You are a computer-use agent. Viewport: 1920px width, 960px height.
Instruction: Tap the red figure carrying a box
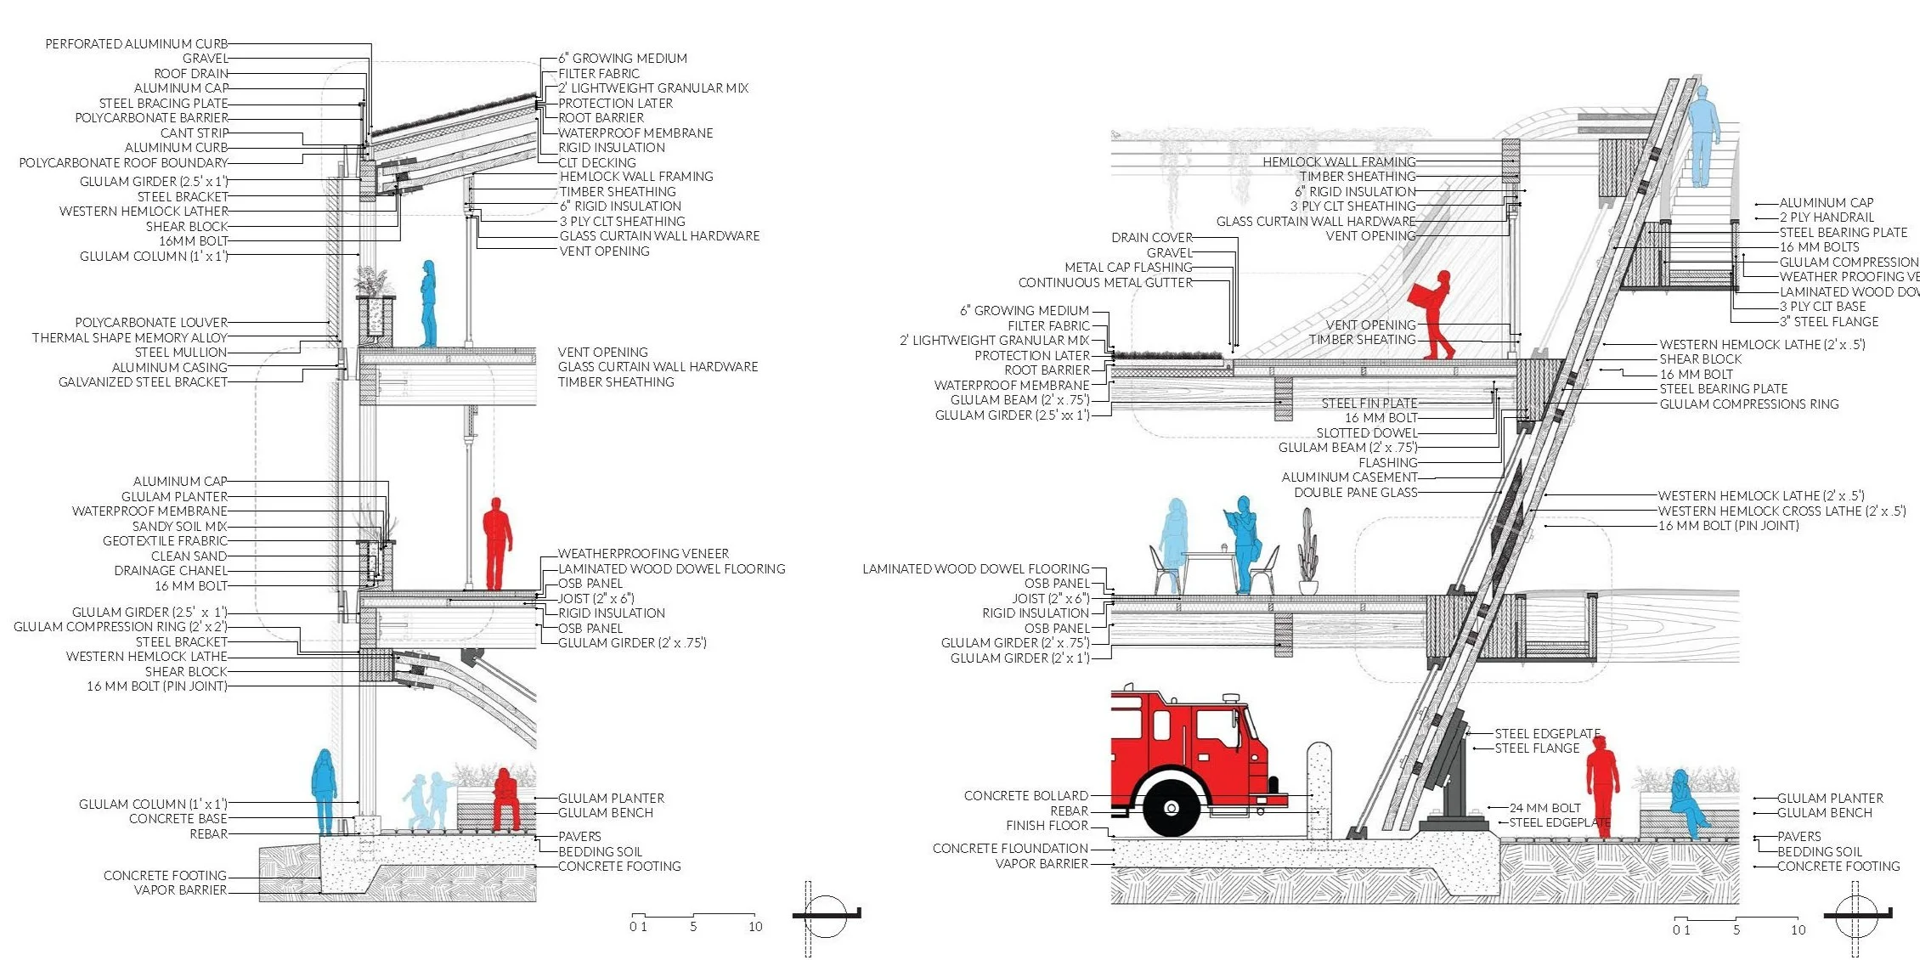(1435, 314)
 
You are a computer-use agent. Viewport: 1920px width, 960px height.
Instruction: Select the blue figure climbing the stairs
(1702, 136)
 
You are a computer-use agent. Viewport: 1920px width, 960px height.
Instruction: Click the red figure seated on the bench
(505, 799)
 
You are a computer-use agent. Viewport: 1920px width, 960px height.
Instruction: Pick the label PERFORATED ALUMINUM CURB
(136, 44)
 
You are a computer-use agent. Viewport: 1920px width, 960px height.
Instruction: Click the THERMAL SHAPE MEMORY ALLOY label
(130, 337)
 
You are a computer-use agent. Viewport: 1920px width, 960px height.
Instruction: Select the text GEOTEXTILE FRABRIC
(165, 540)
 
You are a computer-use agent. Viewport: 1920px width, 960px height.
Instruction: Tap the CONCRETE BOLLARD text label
(1025, 796)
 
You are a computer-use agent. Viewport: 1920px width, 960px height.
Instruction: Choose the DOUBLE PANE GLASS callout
(1355, 493)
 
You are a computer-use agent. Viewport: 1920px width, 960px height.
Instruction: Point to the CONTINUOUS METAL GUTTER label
(1105, 282)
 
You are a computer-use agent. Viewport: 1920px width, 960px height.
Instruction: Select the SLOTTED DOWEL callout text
(1366, 433)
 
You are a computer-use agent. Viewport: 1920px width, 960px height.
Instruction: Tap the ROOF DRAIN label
(191, 74)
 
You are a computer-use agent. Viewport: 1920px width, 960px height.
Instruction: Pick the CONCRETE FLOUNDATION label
(1010, 849)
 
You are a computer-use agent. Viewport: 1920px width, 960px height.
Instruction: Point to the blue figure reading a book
(1243, 544)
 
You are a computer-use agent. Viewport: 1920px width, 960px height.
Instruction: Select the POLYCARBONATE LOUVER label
(151, 323)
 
